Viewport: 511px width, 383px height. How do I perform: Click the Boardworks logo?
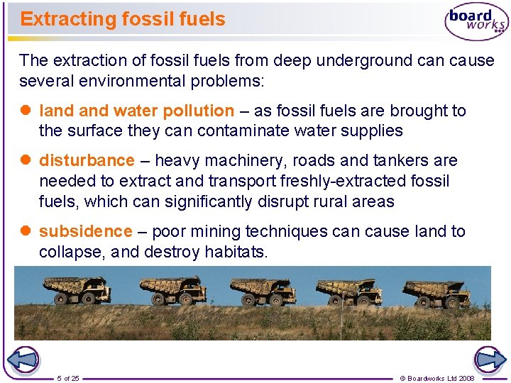(476, 21)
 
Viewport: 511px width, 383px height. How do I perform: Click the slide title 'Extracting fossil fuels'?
(123, 19)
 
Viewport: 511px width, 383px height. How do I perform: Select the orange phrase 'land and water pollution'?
(136, 111)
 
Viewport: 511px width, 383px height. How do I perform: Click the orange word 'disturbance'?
(87, 161)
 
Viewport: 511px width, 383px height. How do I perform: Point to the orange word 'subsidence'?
(86, 232)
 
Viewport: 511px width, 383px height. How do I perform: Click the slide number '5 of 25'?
(68, 378)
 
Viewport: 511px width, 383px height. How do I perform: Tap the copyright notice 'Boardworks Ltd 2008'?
(437, 378)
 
